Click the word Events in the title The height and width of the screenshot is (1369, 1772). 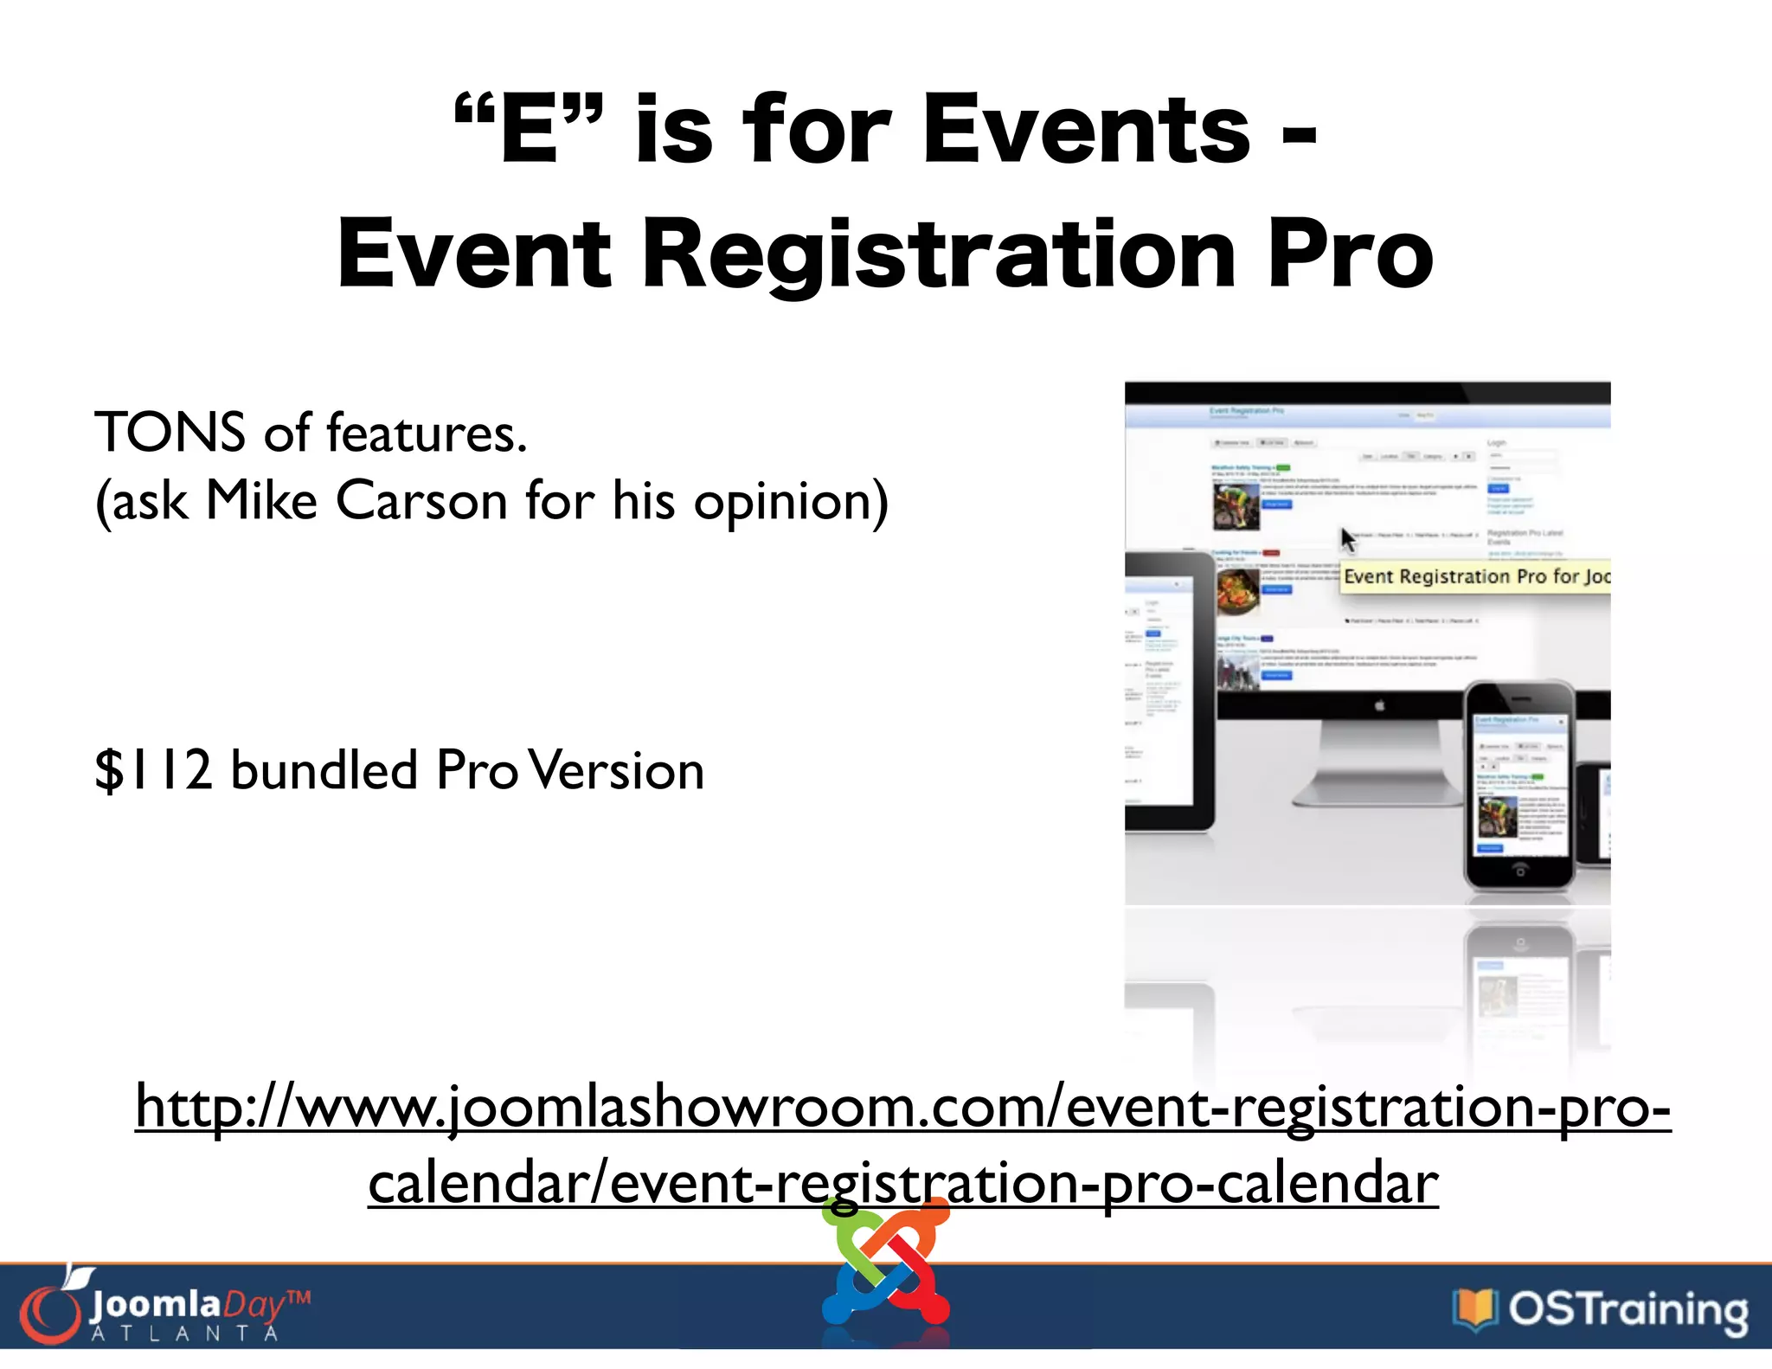[x=1086, y=130]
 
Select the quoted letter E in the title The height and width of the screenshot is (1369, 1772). [x=529, y=130]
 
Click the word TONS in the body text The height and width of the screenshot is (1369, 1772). [x=170, y=432]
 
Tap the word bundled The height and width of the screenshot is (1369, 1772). [x=324, y=769]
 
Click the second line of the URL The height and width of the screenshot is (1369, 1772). [x=902, y=1183]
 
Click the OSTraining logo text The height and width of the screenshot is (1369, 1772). [x=1628, y=1309]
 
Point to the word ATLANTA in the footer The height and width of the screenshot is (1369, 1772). [x=185, y=1334]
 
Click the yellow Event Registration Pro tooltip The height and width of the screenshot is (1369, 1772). [x=1475, y=576]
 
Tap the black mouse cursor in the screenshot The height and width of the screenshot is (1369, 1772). [x=1348, y=540]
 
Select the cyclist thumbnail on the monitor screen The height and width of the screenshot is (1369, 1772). [x=1236, y=506]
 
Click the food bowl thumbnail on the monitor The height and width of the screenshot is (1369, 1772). [x=1238, y=591]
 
